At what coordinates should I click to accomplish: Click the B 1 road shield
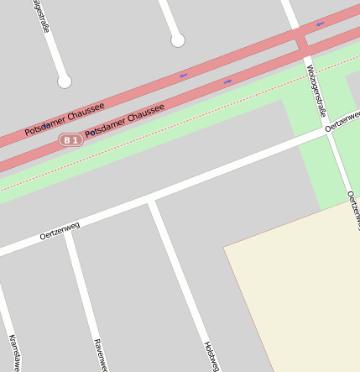71,140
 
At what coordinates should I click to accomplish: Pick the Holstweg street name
211,356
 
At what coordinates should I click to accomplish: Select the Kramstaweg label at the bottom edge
14,353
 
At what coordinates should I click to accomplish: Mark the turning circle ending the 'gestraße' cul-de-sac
65,81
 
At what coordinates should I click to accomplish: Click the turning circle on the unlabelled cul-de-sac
177,40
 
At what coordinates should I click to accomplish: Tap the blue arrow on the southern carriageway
227,81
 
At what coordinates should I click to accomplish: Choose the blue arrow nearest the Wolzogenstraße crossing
320,24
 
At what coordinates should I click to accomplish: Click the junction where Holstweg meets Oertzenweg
151,201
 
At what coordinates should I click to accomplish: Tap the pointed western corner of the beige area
224,247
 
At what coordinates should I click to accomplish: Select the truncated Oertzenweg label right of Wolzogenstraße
342,123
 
